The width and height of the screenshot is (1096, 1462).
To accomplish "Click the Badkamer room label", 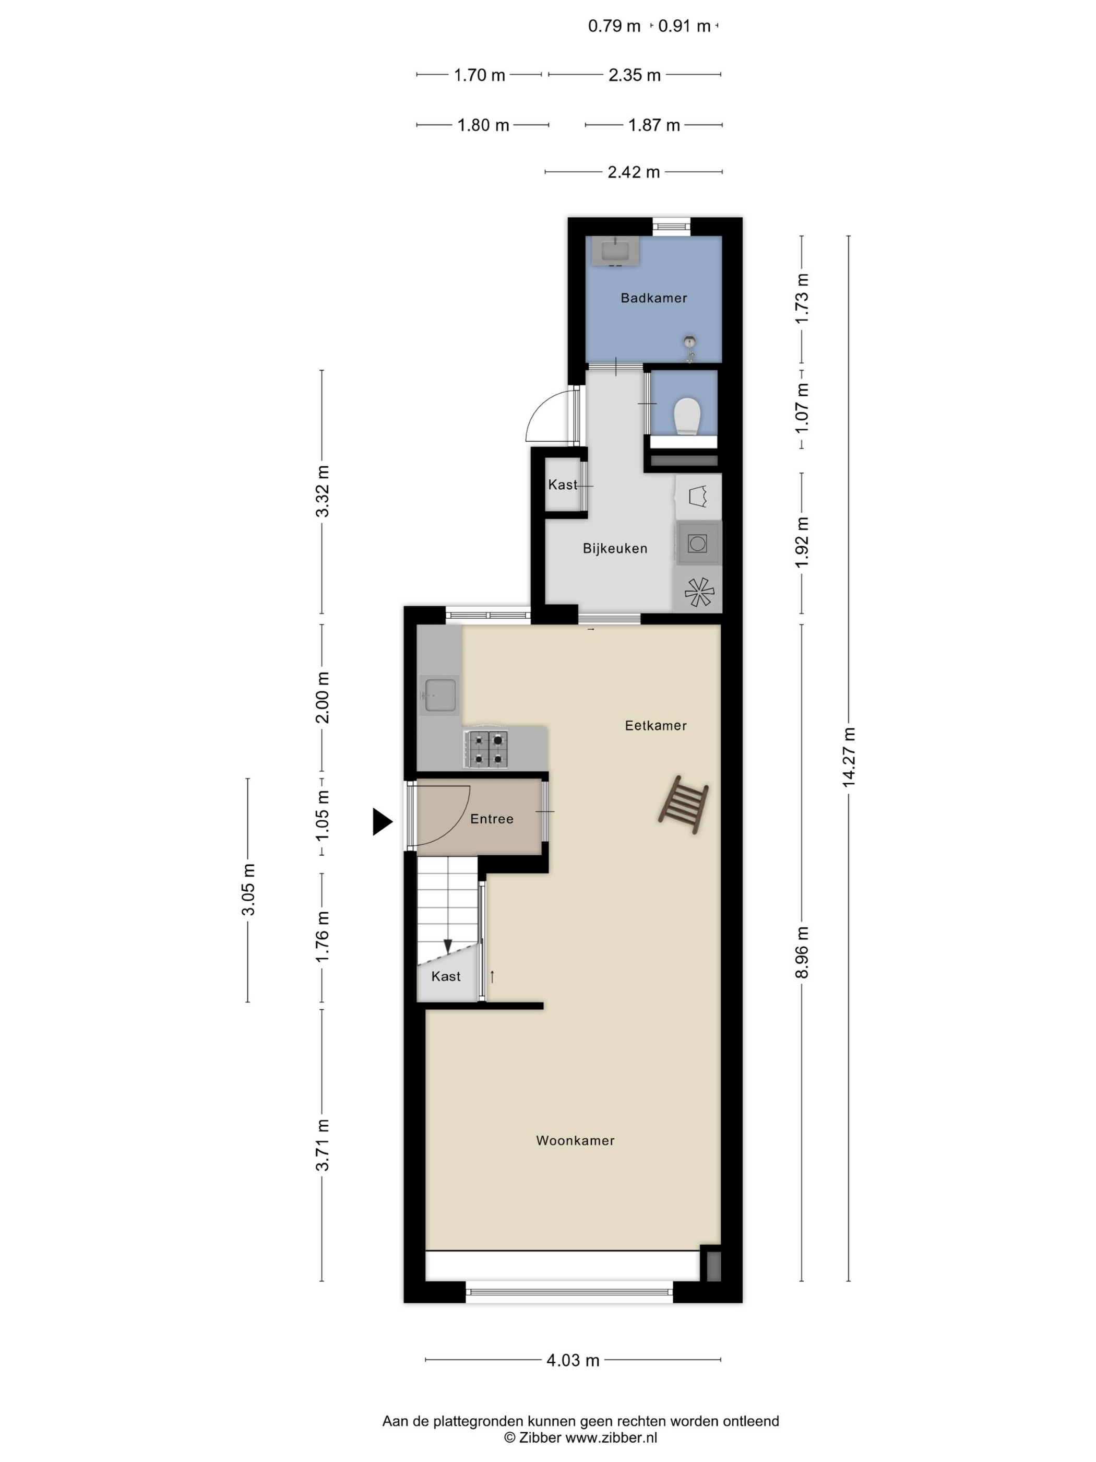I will point(653,298).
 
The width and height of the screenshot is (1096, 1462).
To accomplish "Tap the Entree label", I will point(492,819).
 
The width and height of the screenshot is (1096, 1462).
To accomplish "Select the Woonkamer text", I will point(575,1140).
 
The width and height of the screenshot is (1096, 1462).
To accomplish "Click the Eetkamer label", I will point(656,726).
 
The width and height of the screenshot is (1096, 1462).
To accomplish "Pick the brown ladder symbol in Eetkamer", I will point(683,805).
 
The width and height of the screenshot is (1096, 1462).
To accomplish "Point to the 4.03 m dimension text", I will point(572,1360).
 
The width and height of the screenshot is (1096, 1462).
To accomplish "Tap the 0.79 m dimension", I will point(614,27).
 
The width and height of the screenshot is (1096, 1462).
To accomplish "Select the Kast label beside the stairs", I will point(445,976).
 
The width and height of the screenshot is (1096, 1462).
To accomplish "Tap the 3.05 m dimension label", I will point(248,890).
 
